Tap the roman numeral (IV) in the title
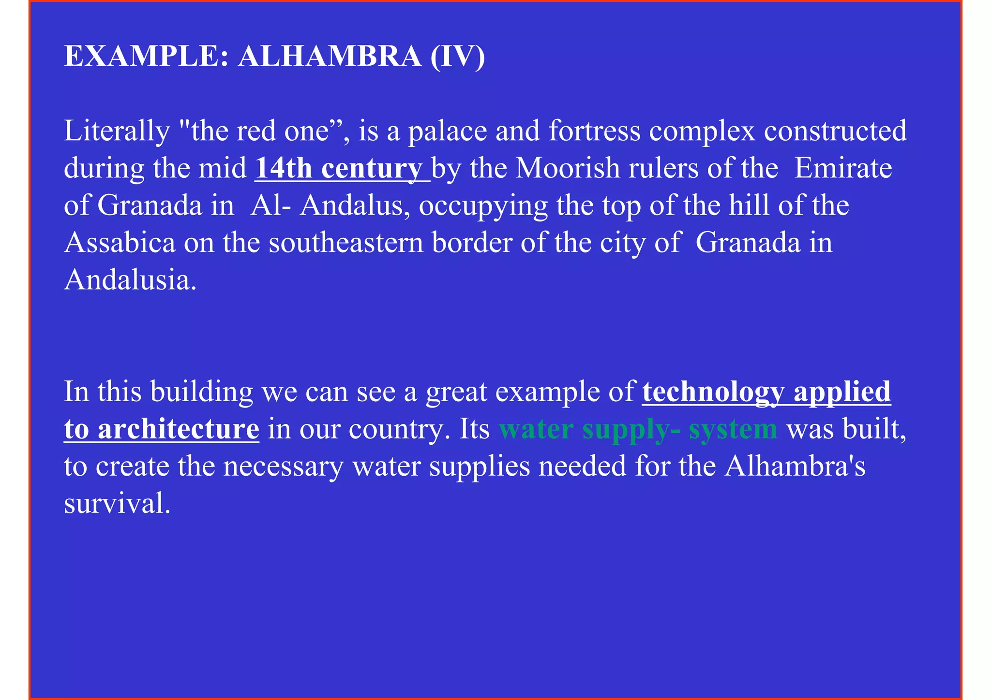[x=457, y=56]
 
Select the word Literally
[x=117, y=131]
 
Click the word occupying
[x=483, y=205]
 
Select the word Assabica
[x=120, y=243]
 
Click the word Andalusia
[x=130, y=280]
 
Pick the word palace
[x=448, y=131]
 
